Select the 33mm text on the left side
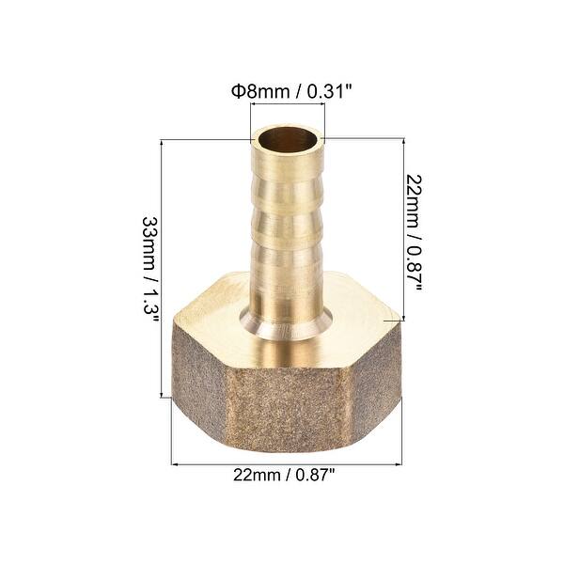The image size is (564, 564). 149,239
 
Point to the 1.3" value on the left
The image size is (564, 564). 149,302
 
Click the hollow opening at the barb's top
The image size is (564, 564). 287,143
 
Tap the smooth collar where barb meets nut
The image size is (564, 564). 287,324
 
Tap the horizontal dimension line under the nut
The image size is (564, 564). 287,462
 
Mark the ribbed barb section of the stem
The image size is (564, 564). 287,226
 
